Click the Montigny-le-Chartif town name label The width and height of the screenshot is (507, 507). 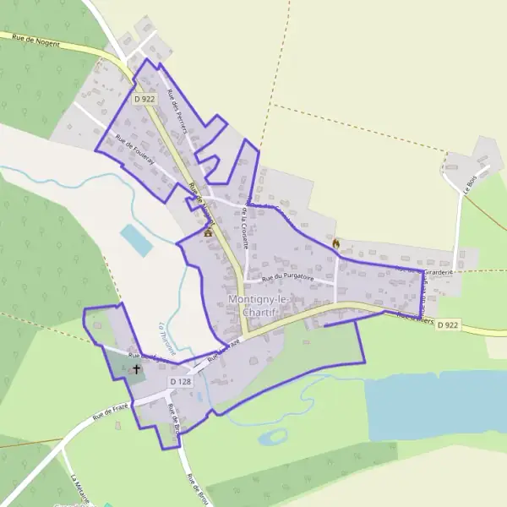click(258, 308)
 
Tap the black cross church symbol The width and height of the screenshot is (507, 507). click(136, 369)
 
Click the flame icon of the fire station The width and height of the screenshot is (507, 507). click(336, 244)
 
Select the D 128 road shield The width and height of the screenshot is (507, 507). click(181, 382)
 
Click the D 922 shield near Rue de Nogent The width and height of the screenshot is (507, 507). click(144, 99)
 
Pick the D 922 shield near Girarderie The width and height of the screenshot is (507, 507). click(449, 324)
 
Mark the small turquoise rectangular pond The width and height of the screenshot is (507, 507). click(136, 240)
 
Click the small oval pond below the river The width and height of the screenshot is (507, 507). click(272, 438)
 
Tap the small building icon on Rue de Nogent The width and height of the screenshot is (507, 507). click(208, 231)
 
